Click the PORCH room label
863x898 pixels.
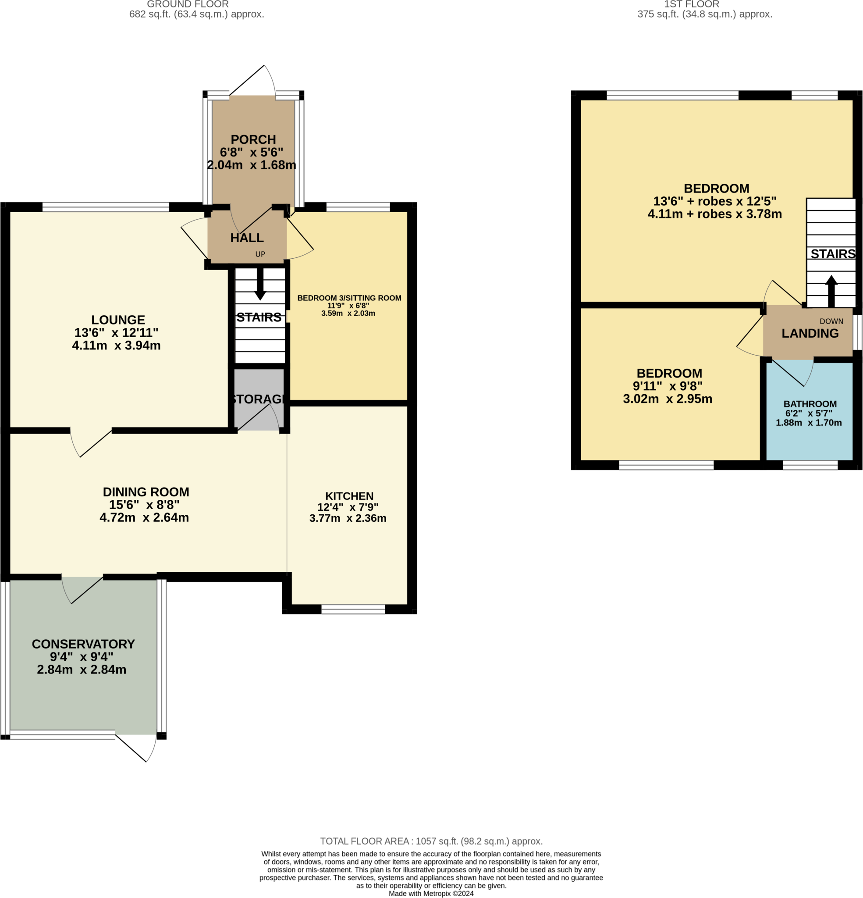[x=253, y=139]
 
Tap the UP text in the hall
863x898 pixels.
[x=260, y=254]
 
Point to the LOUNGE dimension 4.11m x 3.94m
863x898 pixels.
[x=116, y=346]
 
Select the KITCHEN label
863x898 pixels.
[x=349, y=496]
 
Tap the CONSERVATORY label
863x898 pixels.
[x=83, y=644]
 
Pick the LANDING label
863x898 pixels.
[x=810, y=333]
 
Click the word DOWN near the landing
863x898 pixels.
[x=831, y=321]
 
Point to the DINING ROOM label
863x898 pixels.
[x=146, y=492]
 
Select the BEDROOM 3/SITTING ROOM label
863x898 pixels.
[x=349, y=298]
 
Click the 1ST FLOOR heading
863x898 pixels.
[x=692, y=4]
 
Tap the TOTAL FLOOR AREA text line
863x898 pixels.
[x=431, y=841]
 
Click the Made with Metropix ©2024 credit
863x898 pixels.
[x=431, y=894]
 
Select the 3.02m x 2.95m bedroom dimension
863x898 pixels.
[x=668, y=399]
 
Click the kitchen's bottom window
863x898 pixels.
[x=353, y=609]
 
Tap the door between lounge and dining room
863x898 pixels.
[x=91, y=442]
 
